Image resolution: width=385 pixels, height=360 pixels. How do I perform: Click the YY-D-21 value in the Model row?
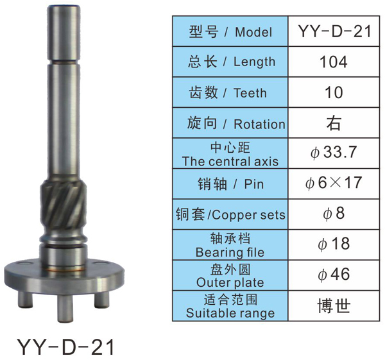click(334, 31)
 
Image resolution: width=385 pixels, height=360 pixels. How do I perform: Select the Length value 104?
click(334, 62)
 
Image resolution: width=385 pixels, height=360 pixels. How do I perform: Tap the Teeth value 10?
click(334, 92)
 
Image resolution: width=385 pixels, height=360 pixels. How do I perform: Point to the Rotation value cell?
click(334, 123)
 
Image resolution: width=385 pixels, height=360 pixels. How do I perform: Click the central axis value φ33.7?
click(334, 152)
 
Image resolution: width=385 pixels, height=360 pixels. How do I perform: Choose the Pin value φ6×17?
click(334, 183)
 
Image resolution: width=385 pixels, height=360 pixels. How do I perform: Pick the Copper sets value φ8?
click(334, 214)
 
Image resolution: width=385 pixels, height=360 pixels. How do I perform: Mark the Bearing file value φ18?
click(334, 244)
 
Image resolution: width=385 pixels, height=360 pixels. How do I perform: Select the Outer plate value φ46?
click(334, 275)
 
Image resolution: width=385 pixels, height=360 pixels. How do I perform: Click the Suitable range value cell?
click(334, 306)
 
